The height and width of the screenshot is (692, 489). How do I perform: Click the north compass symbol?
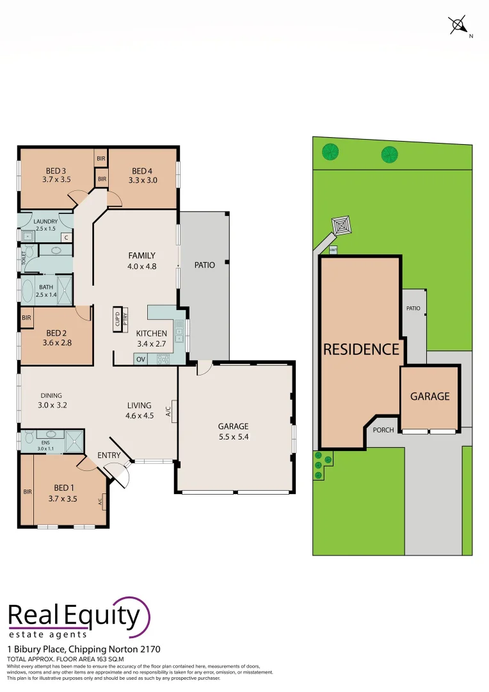458,26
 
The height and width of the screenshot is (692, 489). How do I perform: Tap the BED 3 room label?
56,170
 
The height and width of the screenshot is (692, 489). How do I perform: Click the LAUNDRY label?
45,222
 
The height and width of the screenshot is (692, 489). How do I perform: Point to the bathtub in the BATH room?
27,291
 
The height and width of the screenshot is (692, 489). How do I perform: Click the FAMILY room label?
142,256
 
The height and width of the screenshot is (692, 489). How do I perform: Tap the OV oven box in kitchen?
140,359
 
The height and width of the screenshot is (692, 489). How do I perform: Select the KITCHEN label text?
152,333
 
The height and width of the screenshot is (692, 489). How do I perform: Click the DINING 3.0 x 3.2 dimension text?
52,405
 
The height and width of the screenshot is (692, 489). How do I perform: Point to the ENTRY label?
109,455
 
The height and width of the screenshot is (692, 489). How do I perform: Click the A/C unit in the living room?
169,410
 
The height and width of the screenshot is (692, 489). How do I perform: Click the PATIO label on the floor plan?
205,265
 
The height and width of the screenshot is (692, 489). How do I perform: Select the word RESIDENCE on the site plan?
361,349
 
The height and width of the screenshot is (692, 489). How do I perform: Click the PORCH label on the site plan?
383,430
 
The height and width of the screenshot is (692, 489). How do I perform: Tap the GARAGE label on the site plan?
429,397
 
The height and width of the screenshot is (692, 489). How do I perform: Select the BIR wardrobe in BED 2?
26,318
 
